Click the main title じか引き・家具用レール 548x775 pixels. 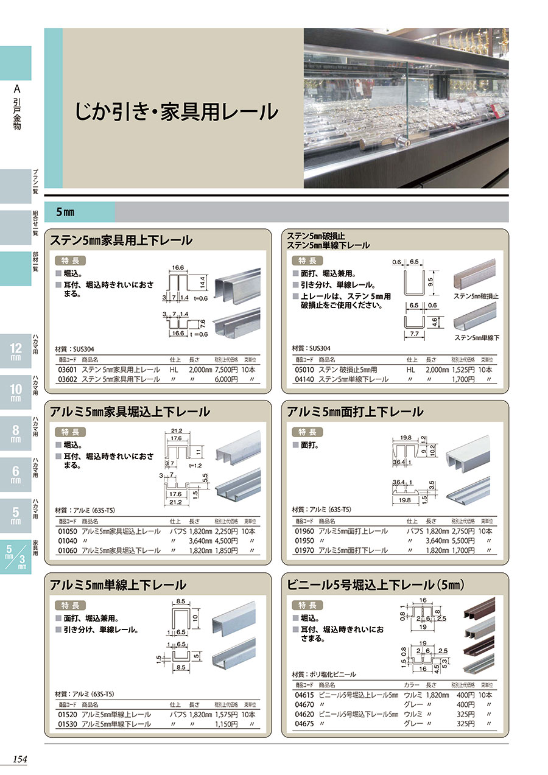[177, 112]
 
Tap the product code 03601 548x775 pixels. [68, 370]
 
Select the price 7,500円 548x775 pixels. [227, 370]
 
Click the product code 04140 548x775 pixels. [304, 379]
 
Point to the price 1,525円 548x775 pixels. [463, 370]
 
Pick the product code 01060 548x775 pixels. [68, 550]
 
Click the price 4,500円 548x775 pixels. [227, 541]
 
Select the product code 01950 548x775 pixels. [304, 541]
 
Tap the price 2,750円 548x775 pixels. [463, 531]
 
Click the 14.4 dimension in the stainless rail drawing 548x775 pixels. [202, 282]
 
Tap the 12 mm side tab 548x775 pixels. [16, 351]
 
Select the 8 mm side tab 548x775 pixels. [16, 433]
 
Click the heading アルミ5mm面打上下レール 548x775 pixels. [355, 412]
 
